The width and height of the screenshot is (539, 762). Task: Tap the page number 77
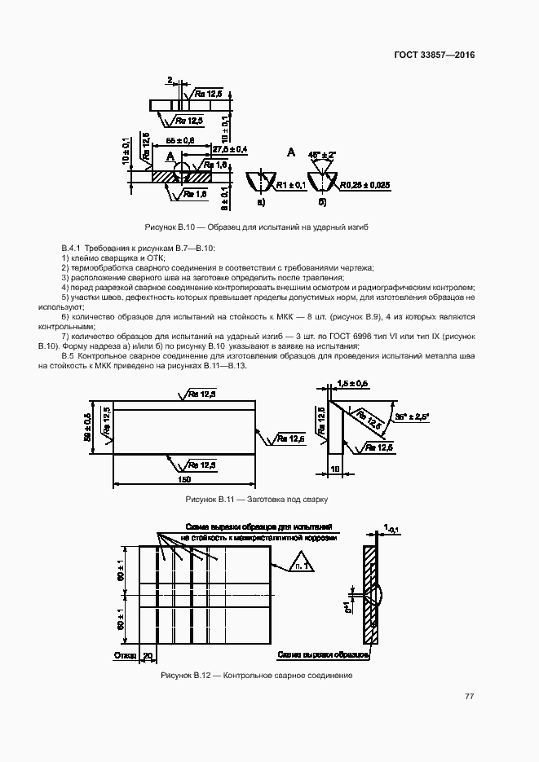pyautogui.click(x=469, y=696)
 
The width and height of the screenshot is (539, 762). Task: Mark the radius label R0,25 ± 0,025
pyautogui.click(x=365, y=186)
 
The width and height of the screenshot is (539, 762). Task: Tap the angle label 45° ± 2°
pyautogui.click(x=323, y=153)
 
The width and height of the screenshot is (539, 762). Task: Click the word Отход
pyautogui.click(x=125, y=655)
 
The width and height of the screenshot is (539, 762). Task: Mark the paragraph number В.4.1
pyautogui.click(x=73, y=247)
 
